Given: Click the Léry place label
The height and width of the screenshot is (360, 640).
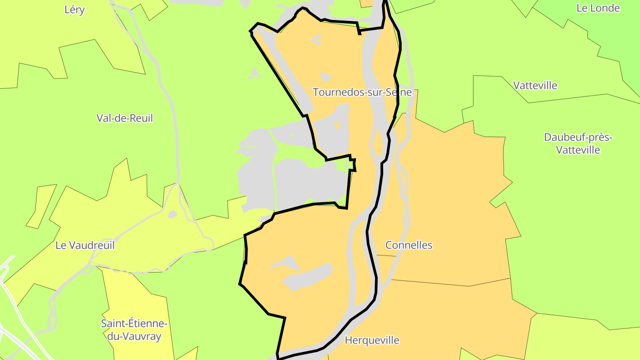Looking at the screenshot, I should coord(74,10).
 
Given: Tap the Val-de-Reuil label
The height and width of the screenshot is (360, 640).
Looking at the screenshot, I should coord(124,118).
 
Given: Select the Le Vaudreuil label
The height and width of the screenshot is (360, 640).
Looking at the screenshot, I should coord(85,245).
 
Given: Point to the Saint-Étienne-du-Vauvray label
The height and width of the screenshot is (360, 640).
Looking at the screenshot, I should coord(134,330).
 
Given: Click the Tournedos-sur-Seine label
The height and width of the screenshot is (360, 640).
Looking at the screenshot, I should coord(362,92).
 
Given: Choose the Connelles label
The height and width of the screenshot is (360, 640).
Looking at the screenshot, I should coord(408,245).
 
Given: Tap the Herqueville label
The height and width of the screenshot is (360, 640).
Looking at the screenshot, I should coord(372,340).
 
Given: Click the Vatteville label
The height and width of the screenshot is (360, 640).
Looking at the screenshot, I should coord(535,85).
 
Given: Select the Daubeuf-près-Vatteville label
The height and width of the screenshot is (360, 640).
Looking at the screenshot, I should coord(578,144).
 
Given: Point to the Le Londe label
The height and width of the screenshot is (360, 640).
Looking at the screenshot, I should coord(598,8).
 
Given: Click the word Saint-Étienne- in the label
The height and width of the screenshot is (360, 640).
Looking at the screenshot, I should coord(134,324).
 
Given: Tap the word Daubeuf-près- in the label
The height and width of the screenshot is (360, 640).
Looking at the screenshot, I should coord(578,137).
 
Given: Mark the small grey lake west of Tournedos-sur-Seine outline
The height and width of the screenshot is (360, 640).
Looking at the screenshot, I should coord(255,74).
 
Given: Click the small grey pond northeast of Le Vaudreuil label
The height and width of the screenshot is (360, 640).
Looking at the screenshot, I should coord(172,215).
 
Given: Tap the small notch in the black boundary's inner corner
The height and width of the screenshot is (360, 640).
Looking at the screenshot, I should coord(352,164).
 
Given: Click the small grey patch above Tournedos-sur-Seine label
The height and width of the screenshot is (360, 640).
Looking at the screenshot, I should coord(325,77).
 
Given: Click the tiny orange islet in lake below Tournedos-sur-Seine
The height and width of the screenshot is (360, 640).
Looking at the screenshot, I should coord(337,126).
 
